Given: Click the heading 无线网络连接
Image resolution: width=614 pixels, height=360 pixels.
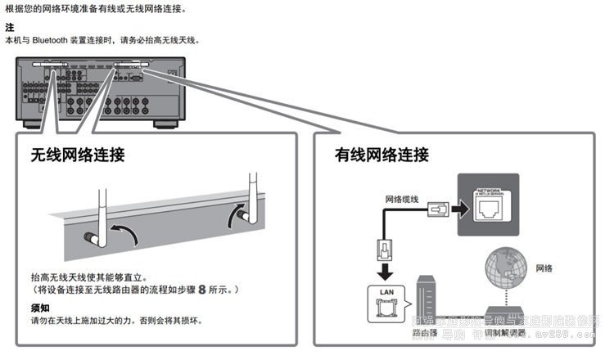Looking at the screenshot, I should tap(77, 155).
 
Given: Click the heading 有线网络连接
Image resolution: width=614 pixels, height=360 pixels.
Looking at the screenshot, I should tap(381, 155).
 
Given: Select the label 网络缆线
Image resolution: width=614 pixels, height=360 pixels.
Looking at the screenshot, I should tap(401, 199).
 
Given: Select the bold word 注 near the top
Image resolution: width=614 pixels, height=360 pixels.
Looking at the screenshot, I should tap(9, 27).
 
